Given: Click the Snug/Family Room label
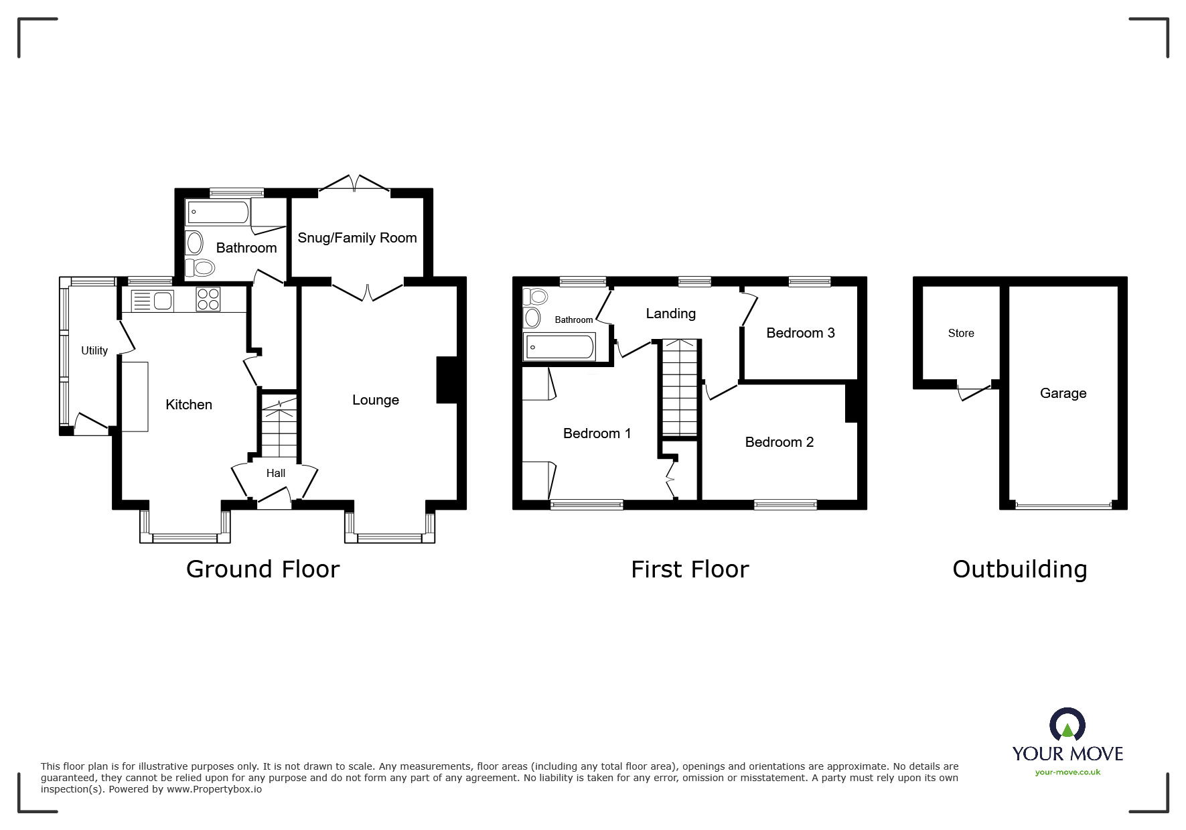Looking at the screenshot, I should pyautogui.click(x=357, y=238).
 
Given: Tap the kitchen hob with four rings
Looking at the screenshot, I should pyautogui.click(x=208, y=299).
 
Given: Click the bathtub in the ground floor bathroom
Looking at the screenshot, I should pyautogui.click(x=218, y=212).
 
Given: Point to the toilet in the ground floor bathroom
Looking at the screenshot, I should pyautogui.click(x=200, y=268).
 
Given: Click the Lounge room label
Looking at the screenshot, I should pyautogui.click(x=376, y=400).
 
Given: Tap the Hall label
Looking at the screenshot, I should pyautogui.click(x=276, y=473).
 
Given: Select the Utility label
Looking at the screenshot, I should pyautogui.click(x=94, y=350).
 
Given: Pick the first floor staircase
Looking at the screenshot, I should pyautogui.click(x=680, y=389).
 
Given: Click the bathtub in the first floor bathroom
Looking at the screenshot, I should pyautogui.click(x=559, y=347).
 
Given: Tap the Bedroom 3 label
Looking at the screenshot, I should pyautogui.click(x=800, y=333).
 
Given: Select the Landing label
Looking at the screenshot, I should pyautogui.click(x=670, y=314).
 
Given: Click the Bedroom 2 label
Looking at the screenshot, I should pyautogui.click(x=779, y=442).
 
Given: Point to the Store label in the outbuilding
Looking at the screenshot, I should pyautogui.click(x=961, y=333).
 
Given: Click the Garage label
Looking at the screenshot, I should pyautogui.click(x=1063, y=393).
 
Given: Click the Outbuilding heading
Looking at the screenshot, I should pyautogui.click(x=1019, y=569).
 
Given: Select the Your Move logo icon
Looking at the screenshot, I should pyautogui.click(x=1067, y=725).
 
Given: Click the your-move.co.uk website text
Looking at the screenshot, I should pyautogui.click(x=1067, y=772).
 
